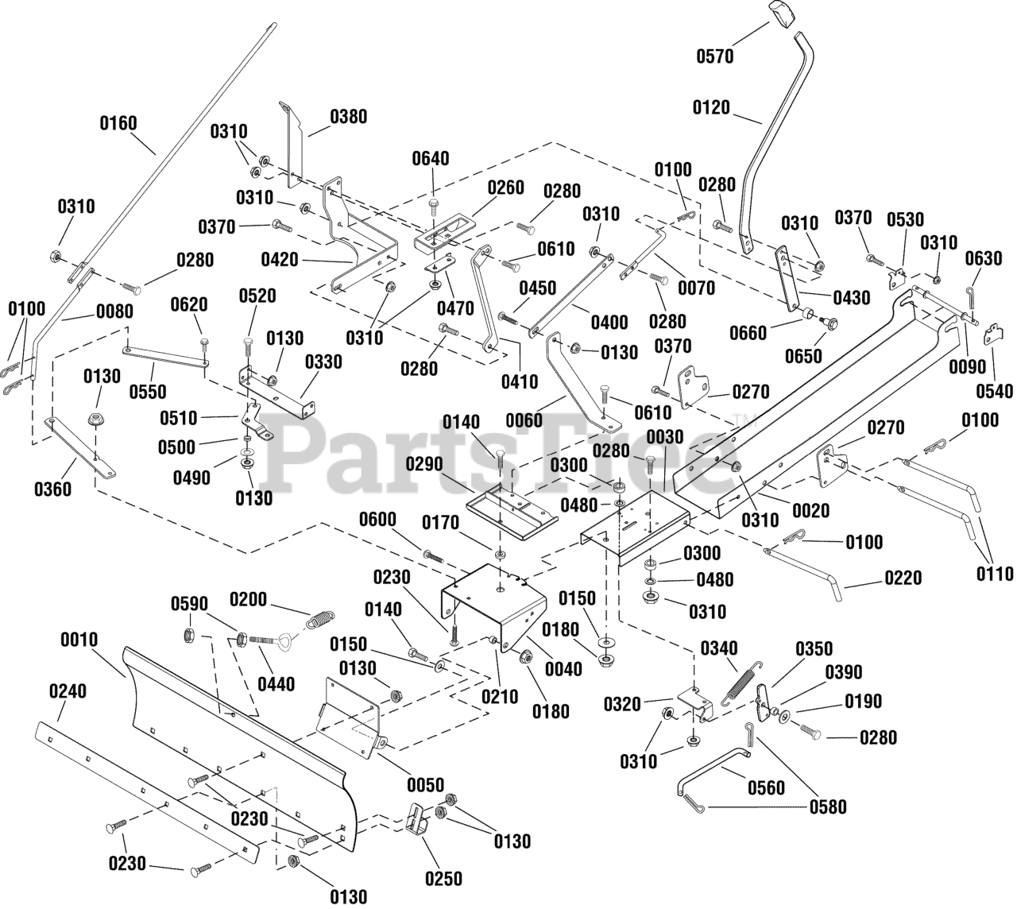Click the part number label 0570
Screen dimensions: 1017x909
[714, 56]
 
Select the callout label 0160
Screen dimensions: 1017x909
[118, 123]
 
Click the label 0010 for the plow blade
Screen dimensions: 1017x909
[79, 640]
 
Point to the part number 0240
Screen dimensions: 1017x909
[68, 691]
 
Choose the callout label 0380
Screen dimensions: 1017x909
[349, 117]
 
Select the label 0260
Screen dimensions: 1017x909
[506, 188]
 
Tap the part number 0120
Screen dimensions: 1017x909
[711, 107]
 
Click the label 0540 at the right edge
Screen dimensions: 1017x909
[995, 391]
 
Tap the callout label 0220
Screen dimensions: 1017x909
[903, 578]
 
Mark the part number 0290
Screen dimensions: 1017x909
[424, 464]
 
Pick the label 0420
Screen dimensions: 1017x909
[280, 260]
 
